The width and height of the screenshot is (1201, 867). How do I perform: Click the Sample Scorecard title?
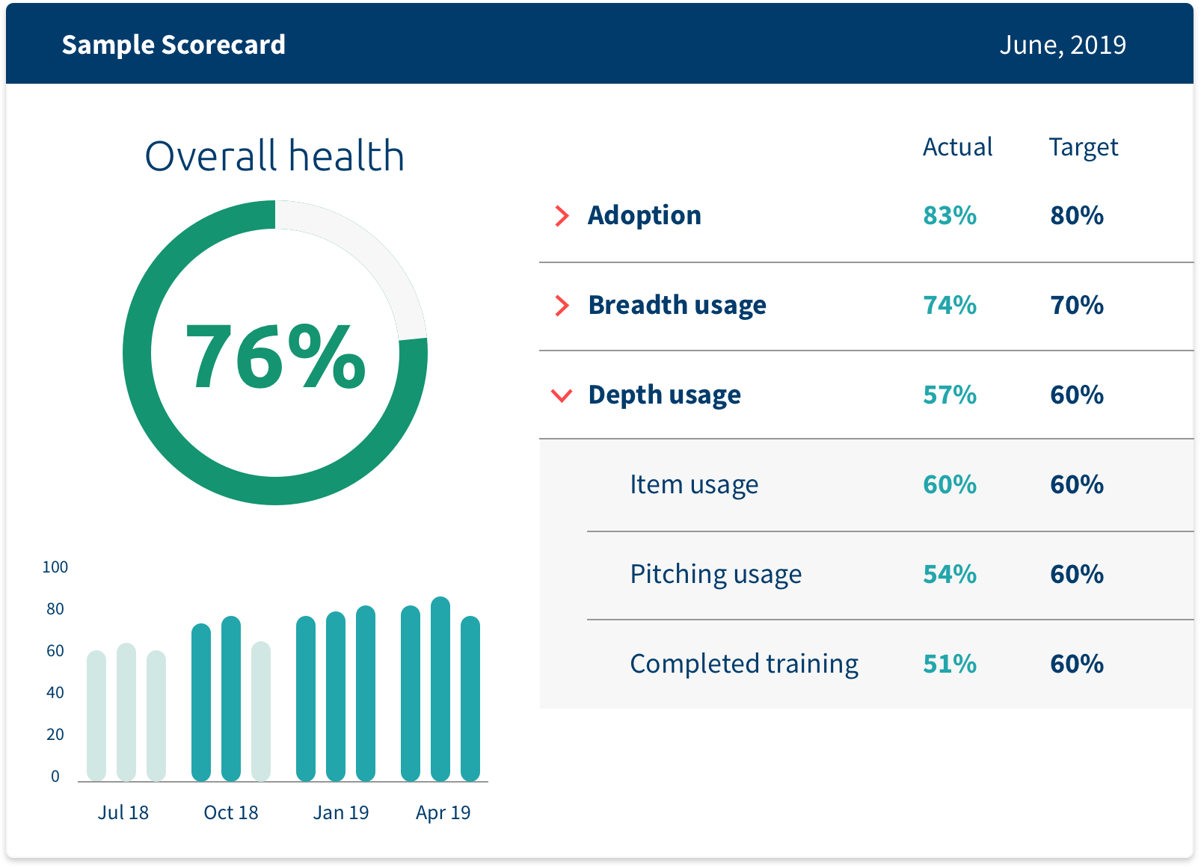tap(173, 45)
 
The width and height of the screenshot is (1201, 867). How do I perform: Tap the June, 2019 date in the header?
tap(1062, 45)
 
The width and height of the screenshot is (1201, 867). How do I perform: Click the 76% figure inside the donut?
tap(275, 357)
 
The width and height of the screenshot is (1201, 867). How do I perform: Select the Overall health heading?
tap(274, 156)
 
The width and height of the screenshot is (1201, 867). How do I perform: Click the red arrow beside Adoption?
tap(562, 216)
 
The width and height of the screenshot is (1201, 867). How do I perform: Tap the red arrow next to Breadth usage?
tap(562, 306)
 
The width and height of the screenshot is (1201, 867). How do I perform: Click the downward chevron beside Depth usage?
tap(562, 395)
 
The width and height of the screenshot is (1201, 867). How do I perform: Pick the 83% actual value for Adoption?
tap(949, 216)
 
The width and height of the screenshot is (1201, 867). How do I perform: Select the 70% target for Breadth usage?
tap(1076, 306)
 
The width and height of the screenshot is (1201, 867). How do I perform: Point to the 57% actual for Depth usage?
tap(949, 395)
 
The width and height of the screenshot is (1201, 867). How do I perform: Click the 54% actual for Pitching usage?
tap(949, 575)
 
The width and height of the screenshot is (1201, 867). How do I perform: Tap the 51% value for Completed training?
tap(949, 664)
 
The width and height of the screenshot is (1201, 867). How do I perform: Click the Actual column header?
tap(957, 147)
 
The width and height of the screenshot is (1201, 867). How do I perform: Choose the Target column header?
tap(1083, 147)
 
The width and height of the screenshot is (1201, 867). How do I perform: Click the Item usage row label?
tap(693, 485)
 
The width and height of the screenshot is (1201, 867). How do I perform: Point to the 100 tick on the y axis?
tap(55, 567)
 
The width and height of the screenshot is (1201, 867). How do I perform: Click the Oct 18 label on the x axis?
tap(230, 812)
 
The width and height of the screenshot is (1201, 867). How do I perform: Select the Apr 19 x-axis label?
tap(443, 812)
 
